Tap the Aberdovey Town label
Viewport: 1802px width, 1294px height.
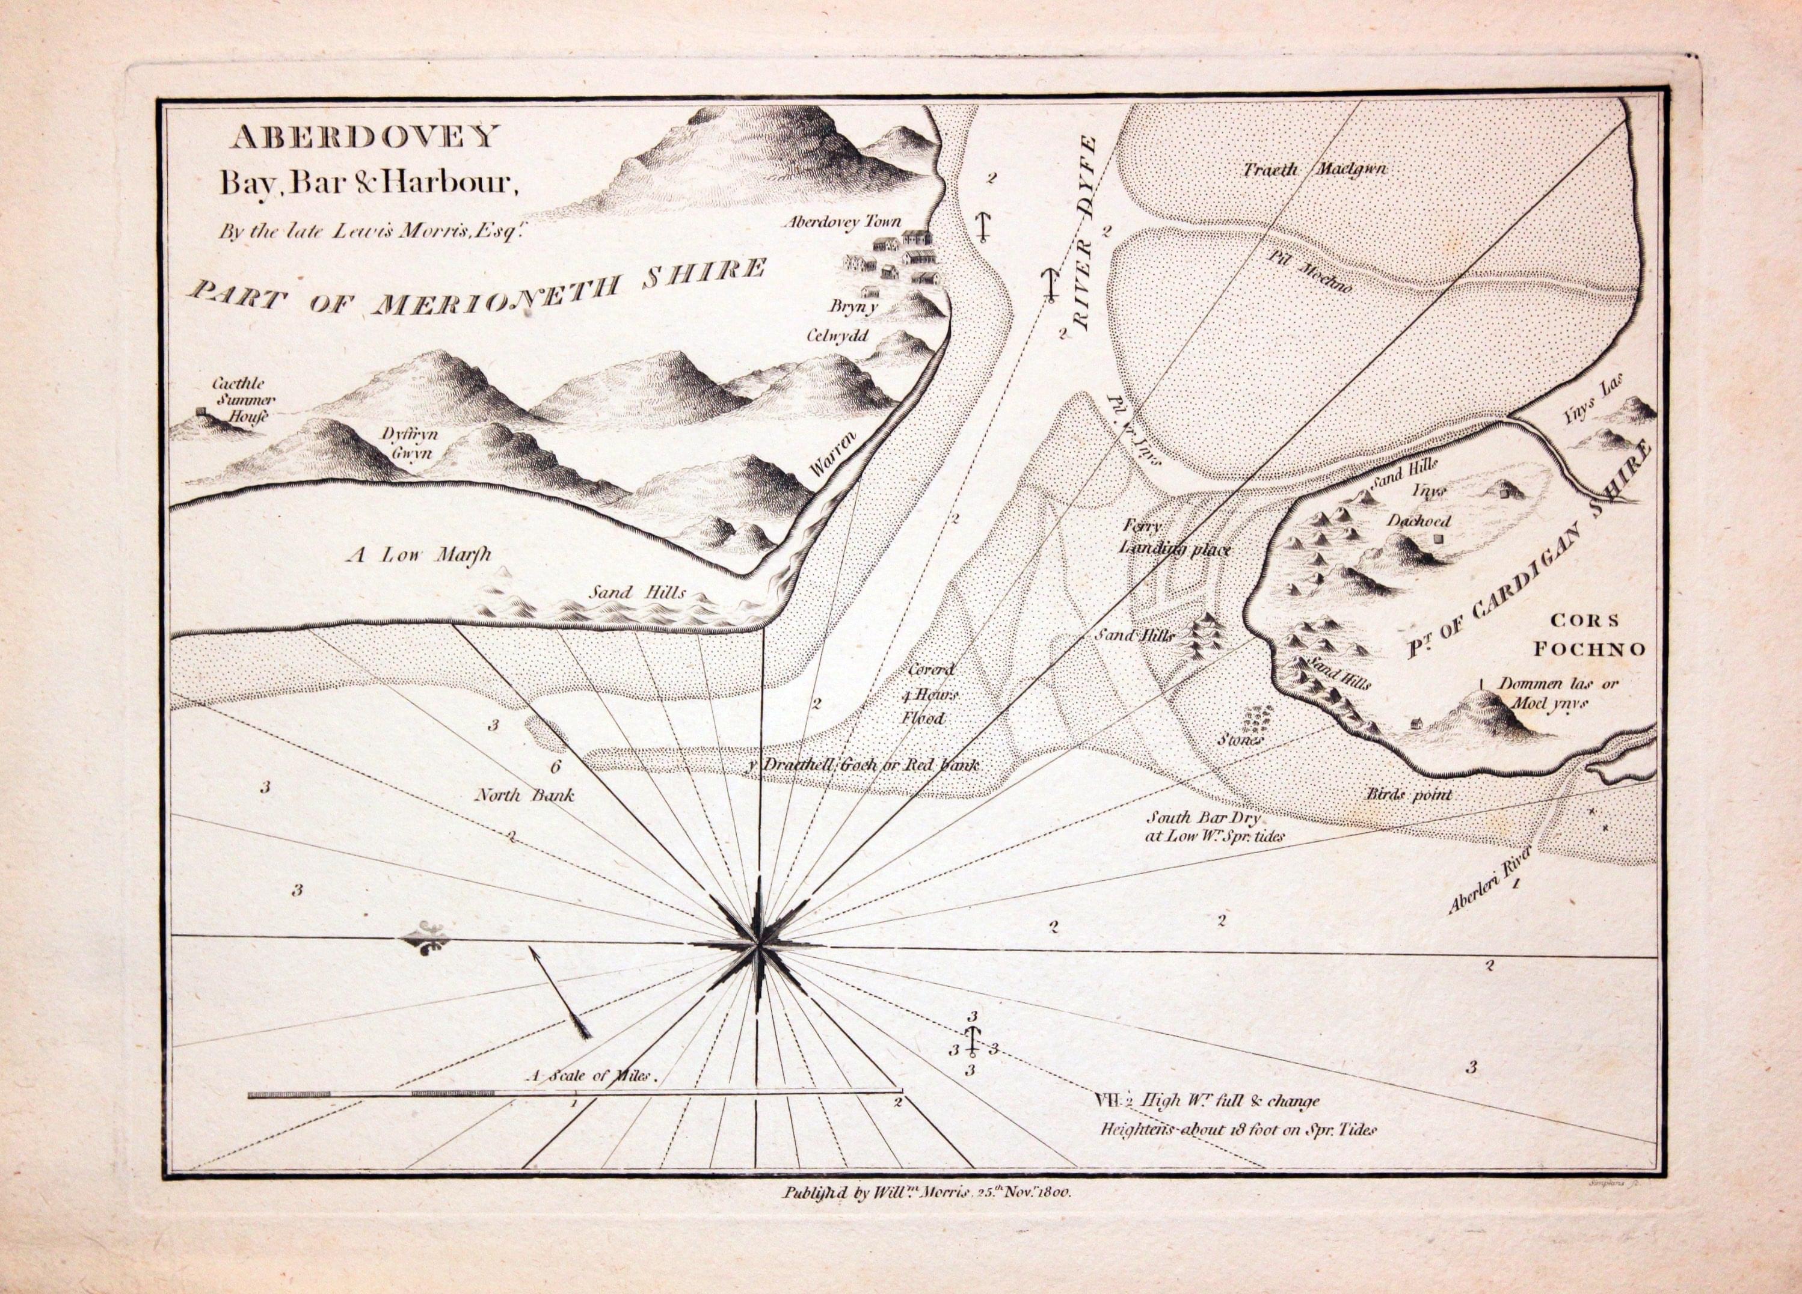click(x=842, y=222)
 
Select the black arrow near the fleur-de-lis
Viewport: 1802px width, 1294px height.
click(x=560, y=992)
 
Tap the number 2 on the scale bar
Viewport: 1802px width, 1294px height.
click(x=899, y=1102)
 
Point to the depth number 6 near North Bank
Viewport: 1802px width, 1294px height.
click(x=555, y=767)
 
